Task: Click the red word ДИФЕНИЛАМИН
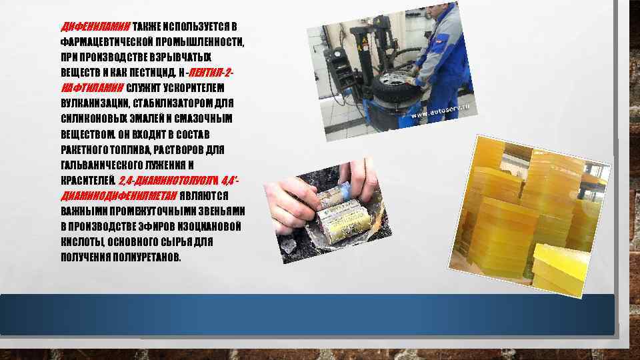coord(95,27)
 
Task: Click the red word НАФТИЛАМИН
coord(91,89)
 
